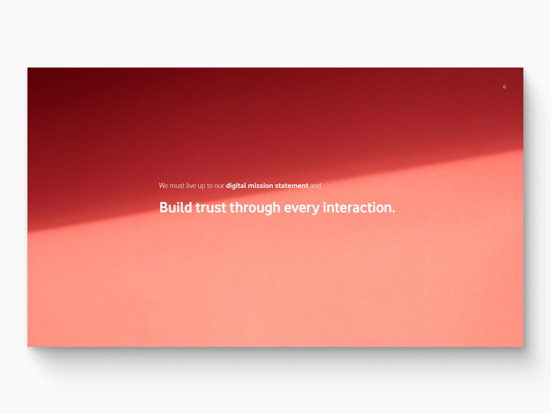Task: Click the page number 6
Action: pyautogui.click(x=504, y=87)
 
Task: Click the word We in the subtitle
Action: pyautogui.click(x=164, y=186)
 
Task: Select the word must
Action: pyautogui.click(x=177, y=186)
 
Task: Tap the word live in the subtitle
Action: pyautogui.click(x=191, y=186)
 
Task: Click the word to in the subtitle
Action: pyautogui.click(x=210, y=186)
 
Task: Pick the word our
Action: pyautogui.click(x=219, y=186)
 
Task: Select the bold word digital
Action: pyautogui.click(x=236, y=186)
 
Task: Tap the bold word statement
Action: pyautogui.click(x=291, y=186)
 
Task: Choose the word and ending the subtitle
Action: pyautogui.click(x=315, y=186)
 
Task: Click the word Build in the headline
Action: pyautogui.click(x=176, y=208)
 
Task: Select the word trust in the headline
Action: pyautogui.click(x=211, y=208)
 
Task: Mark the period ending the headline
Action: pyautogui.click(x=394, y=212)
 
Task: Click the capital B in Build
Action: pyautogui.click(x=164, y=208)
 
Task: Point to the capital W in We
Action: pyautogui.click(x=162, y=186)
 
